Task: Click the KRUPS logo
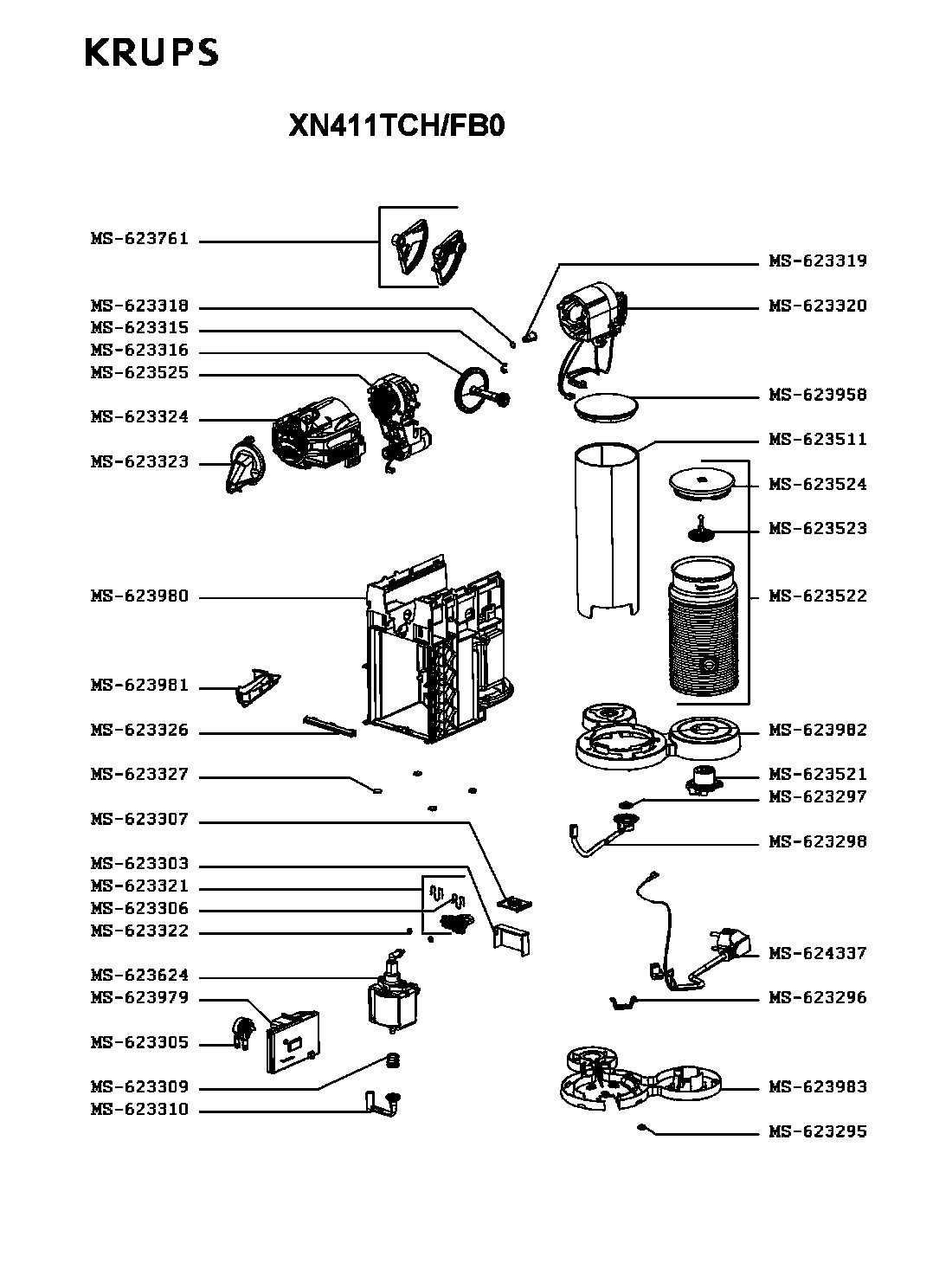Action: click(x=151, y=52)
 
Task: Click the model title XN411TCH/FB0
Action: click(x=396, y=126)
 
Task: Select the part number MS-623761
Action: click(x=140, y=239)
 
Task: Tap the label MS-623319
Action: click(x=817, y=261)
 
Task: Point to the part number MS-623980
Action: click(x=140, y=596)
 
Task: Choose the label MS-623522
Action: click(x=817, y=596)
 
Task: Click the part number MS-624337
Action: click(x=817, y=953)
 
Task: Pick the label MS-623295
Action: click(x=817, y=1131)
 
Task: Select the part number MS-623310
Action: click(x=140, y=1109)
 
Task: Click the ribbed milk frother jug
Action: click(x=703, y=627)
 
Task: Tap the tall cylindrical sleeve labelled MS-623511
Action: click(x=607, y=531)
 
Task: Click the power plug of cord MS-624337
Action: click(x=732, y=946)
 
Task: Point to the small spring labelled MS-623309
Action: click(x=393, y=1060)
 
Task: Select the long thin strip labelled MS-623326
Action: click(x=330, y=726)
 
